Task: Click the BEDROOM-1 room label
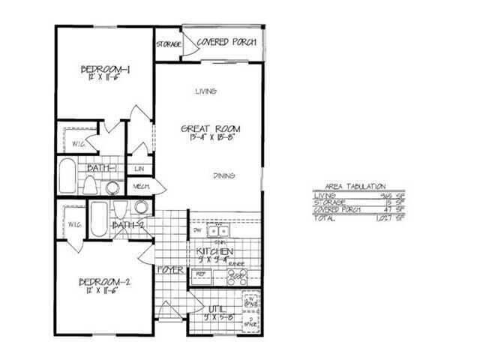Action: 106,70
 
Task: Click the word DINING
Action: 223,175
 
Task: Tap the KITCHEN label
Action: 214,251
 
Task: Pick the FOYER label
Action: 172,269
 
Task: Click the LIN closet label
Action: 139,169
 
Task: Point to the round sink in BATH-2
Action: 140,208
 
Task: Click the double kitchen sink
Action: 218,230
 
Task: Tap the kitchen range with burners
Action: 238,277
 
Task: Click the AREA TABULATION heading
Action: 356,184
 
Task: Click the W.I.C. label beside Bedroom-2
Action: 73,224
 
